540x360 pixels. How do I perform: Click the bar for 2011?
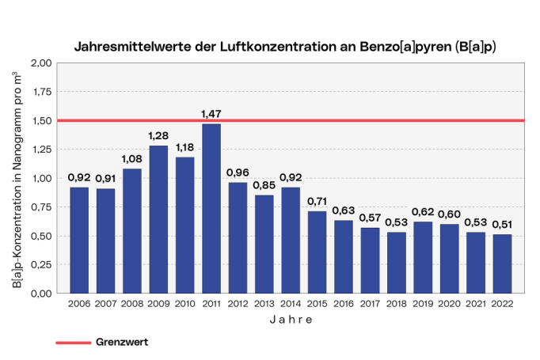[x=211, y=208]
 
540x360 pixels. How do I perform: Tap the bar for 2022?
[x=501, y=263]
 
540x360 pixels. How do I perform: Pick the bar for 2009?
[x=158, y=219]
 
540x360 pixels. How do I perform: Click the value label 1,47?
[x=211, y=115]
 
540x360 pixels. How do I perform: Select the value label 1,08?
[x=131, y=159]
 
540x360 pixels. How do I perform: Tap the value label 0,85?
[x=264, y=186]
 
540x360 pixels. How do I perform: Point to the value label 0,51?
[x=501, y=225]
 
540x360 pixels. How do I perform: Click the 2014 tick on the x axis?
[x=290, y=303]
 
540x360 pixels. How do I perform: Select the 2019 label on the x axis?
[x=422, y=303]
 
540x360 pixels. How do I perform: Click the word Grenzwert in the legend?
[x=122, y=343]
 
